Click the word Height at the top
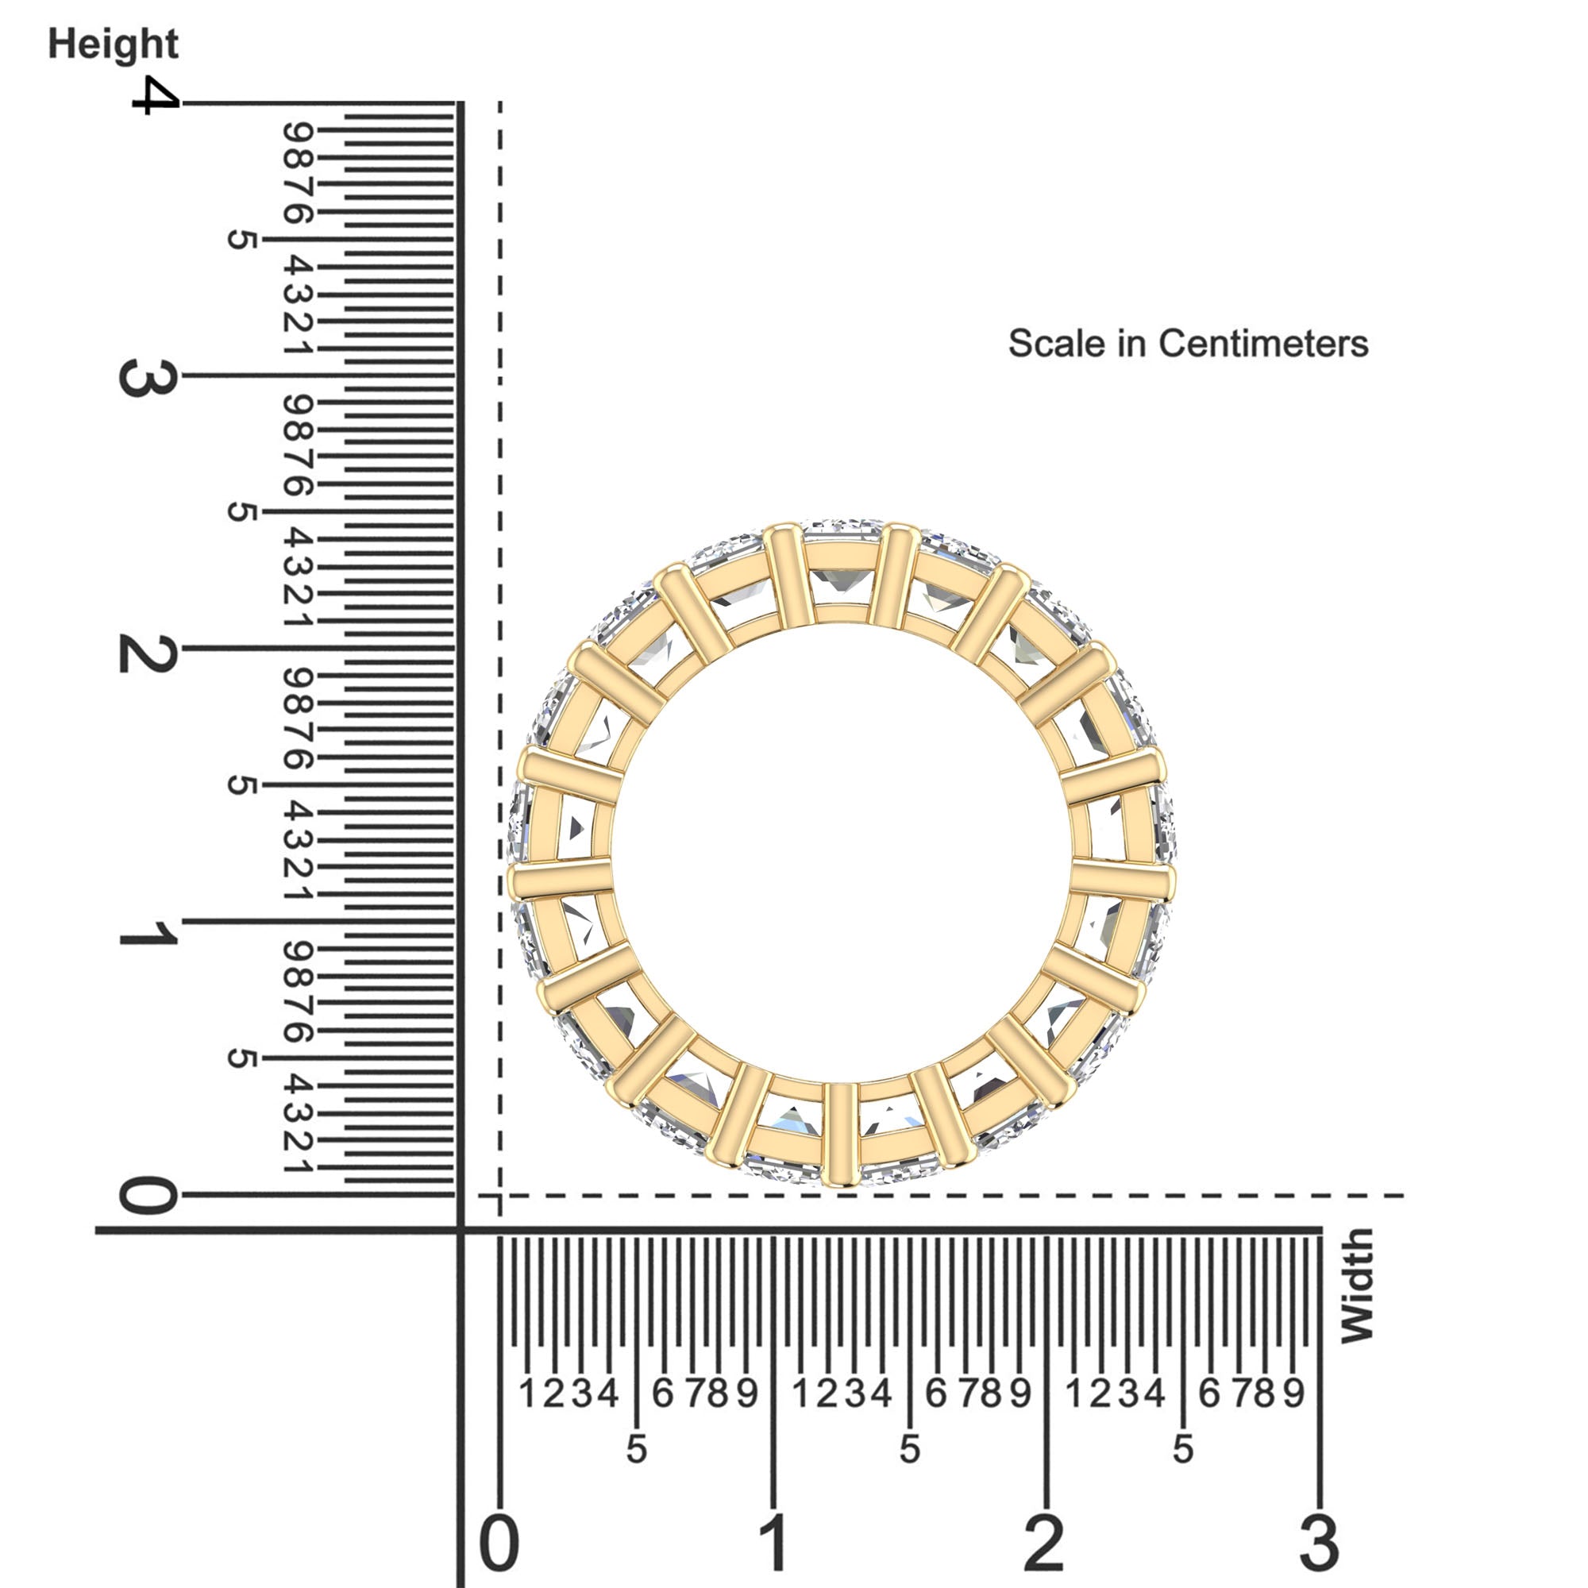pyautogui.click(x=113, y=44)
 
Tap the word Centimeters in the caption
pyautogui.click(x=1263, y=344)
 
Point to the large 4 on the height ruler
pyautogui.click(x=155, y=95)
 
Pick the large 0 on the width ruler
pyautogui.click(x=499, y=1543)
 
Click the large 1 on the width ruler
pyautogui.click(x=774, y=1543)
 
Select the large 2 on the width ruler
pyautogui.click(x=1044, y=1543)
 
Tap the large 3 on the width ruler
pyautogui.click(x=1319, y=1543)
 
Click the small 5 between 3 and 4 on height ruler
pyautogui.click(x=241, y=240)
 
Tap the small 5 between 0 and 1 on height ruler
pyautogui.click(x=241, y=1058)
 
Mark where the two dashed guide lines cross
pyautogui.click(x=499, y=1196)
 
